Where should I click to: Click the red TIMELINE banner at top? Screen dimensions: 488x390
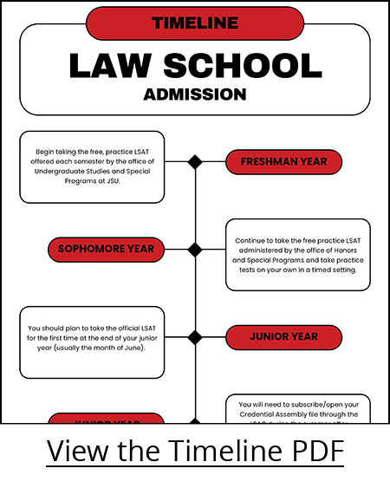click(x=194, y=23)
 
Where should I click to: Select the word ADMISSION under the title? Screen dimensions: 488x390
click(x=194, y=94)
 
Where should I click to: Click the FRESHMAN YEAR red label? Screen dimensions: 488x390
click(x=283, y=162)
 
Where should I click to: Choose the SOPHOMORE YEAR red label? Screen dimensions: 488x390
click(x=106, y=250)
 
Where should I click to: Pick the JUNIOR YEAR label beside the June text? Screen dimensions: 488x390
click(x=283, y=336)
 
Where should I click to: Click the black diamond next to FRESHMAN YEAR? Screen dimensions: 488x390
click(x=195, y=162)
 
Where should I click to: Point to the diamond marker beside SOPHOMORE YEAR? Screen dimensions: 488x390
click(x=195, y=250)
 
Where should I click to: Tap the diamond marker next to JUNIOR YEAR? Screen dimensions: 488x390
click(x=195, y=337)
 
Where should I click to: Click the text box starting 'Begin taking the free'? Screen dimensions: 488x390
click(x=92, y=167)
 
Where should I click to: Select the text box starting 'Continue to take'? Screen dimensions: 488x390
click(x=297, y=255)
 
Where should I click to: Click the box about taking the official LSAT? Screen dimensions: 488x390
click(x=92, y=342)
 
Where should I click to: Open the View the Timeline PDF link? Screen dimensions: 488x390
click(x=194, y=452)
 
